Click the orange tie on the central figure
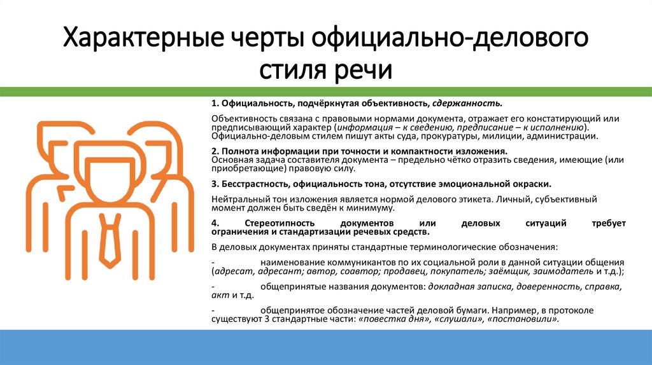110,238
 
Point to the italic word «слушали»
458,319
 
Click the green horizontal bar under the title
326,92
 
